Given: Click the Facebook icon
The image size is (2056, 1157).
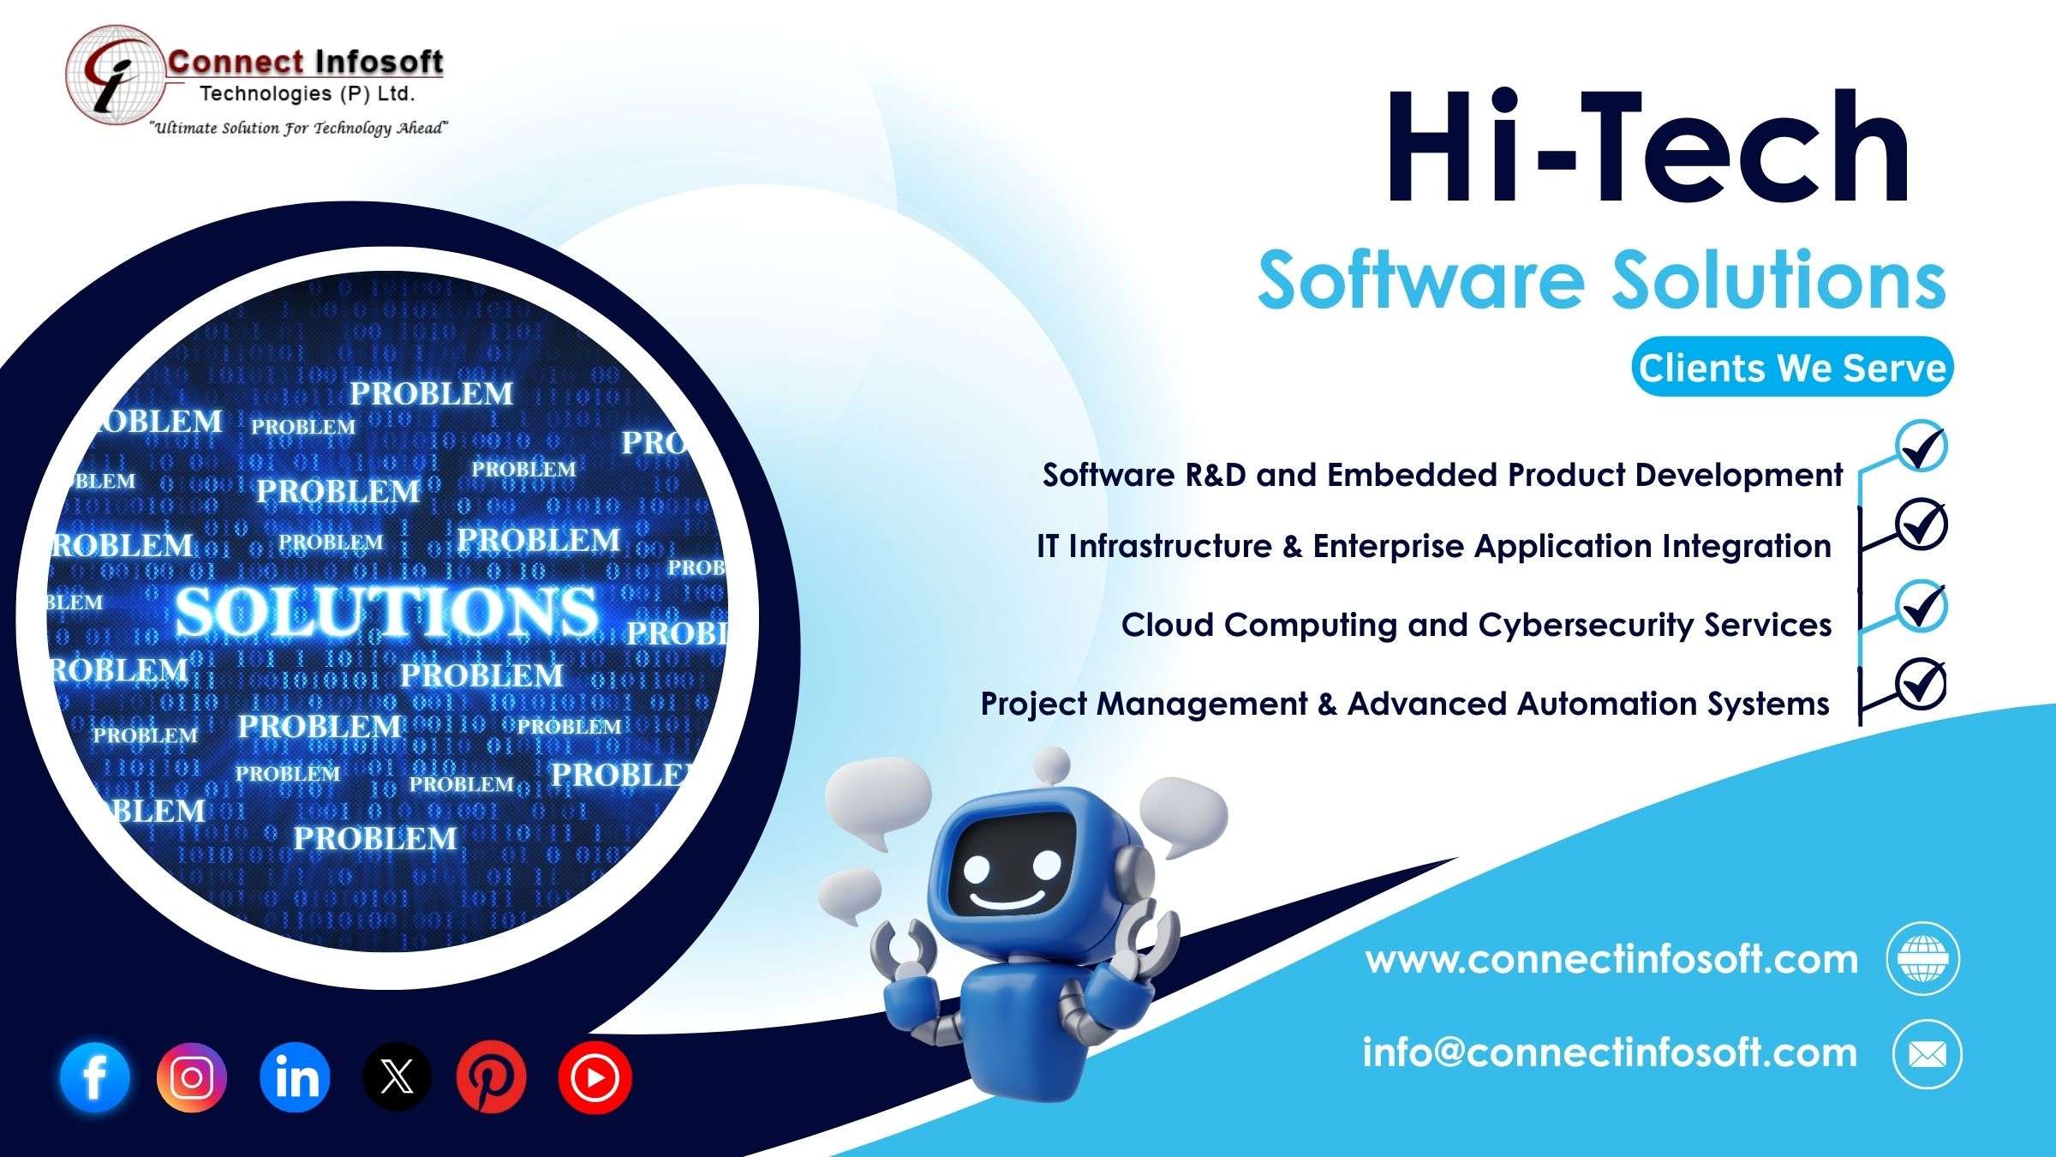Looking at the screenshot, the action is [x=95, y=1077].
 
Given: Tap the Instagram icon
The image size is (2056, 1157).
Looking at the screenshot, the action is [x=192, y=1077].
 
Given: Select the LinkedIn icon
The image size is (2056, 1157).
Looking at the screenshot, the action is [x=295, y=1077].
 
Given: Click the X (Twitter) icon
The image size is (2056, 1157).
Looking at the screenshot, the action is [x=396, y=1077].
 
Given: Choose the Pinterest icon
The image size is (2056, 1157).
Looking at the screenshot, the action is [x=492, y=1077].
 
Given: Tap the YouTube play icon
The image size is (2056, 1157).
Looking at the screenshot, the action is [x=595, y=1077].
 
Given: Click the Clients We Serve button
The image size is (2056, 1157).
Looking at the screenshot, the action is [x=1792, y=367].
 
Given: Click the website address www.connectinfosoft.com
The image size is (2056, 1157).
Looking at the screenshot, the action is [x=1612, y=958].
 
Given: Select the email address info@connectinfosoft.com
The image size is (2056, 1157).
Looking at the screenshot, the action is [x=1611, y=1052].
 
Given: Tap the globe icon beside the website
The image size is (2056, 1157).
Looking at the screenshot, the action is [x=1923, y=958].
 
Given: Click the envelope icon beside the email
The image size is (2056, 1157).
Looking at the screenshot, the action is [x=1927, y=1054].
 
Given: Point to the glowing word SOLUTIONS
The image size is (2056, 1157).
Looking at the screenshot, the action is [x=387, y=611].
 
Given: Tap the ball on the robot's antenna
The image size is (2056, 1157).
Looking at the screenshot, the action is [x=1052, y=764].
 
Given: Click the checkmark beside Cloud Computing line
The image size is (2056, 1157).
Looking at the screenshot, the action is [x=1921, y=606].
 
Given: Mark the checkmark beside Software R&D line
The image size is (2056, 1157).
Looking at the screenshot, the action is [x=1921, y=446].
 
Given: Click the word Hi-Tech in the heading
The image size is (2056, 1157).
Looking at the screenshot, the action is [x=1647, y=147].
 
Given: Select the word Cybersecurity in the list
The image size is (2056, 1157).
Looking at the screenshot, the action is [x=1585, y=626].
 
